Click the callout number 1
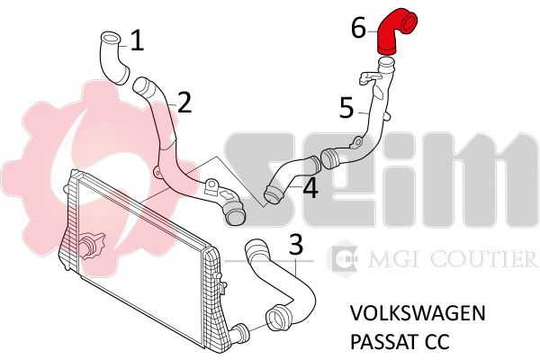tap(137, 40)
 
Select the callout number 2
tap(184, 103)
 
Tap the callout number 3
tap(296, 244)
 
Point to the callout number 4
tap(310, 188)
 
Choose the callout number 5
tap(346, 107)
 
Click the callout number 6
tap(358, 28)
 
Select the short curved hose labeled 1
tap(113, 58)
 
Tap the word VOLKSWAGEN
tap(418, 313)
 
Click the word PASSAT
tap(384, 341)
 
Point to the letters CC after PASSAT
tap(437, 341)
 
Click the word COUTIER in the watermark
tap(484, 258)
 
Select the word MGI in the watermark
tap(396, 258)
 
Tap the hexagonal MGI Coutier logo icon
tap(343, 258)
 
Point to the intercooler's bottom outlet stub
tap(238, 334)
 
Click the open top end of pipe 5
tap(386, 64)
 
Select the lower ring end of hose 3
tap(277, 315)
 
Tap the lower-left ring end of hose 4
tap(273, 195)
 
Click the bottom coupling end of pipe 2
tap(235, 214)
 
